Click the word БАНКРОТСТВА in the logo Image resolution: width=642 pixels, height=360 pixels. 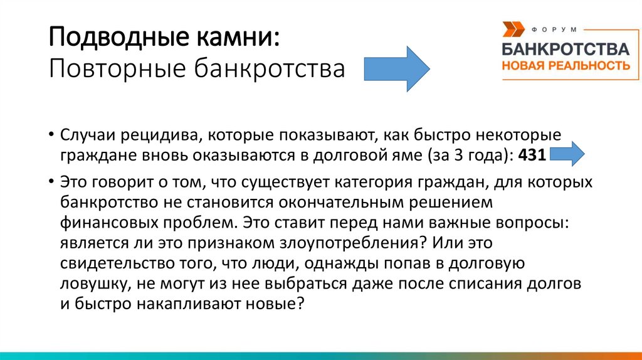pos(566,50)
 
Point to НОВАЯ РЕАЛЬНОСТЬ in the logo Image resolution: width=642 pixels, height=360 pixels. pos(566,65)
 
